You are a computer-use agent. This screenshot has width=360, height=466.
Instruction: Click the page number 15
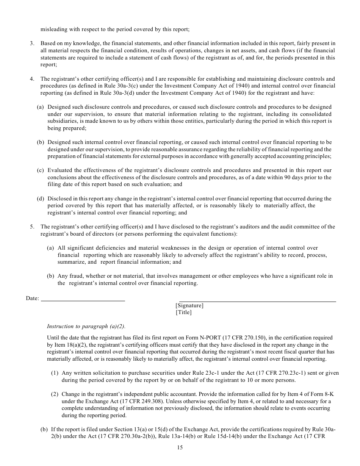(180, 447)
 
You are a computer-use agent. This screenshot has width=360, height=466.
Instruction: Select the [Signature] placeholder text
(189, 305)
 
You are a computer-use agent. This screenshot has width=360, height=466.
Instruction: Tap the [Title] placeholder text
(184, 313)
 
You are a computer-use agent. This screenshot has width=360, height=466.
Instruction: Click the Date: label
(33, 299)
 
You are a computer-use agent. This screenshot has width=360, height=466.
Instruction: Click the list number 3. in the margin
(33, 44)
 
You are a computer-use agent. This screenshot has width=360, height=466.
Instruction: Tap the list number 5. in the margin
(33, 227)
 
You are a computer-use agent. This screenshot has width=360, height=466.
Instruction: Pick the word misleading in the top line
(53, 29)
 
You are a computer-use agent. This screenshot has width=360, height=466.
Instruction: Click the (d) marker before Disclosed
(40, 199)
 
